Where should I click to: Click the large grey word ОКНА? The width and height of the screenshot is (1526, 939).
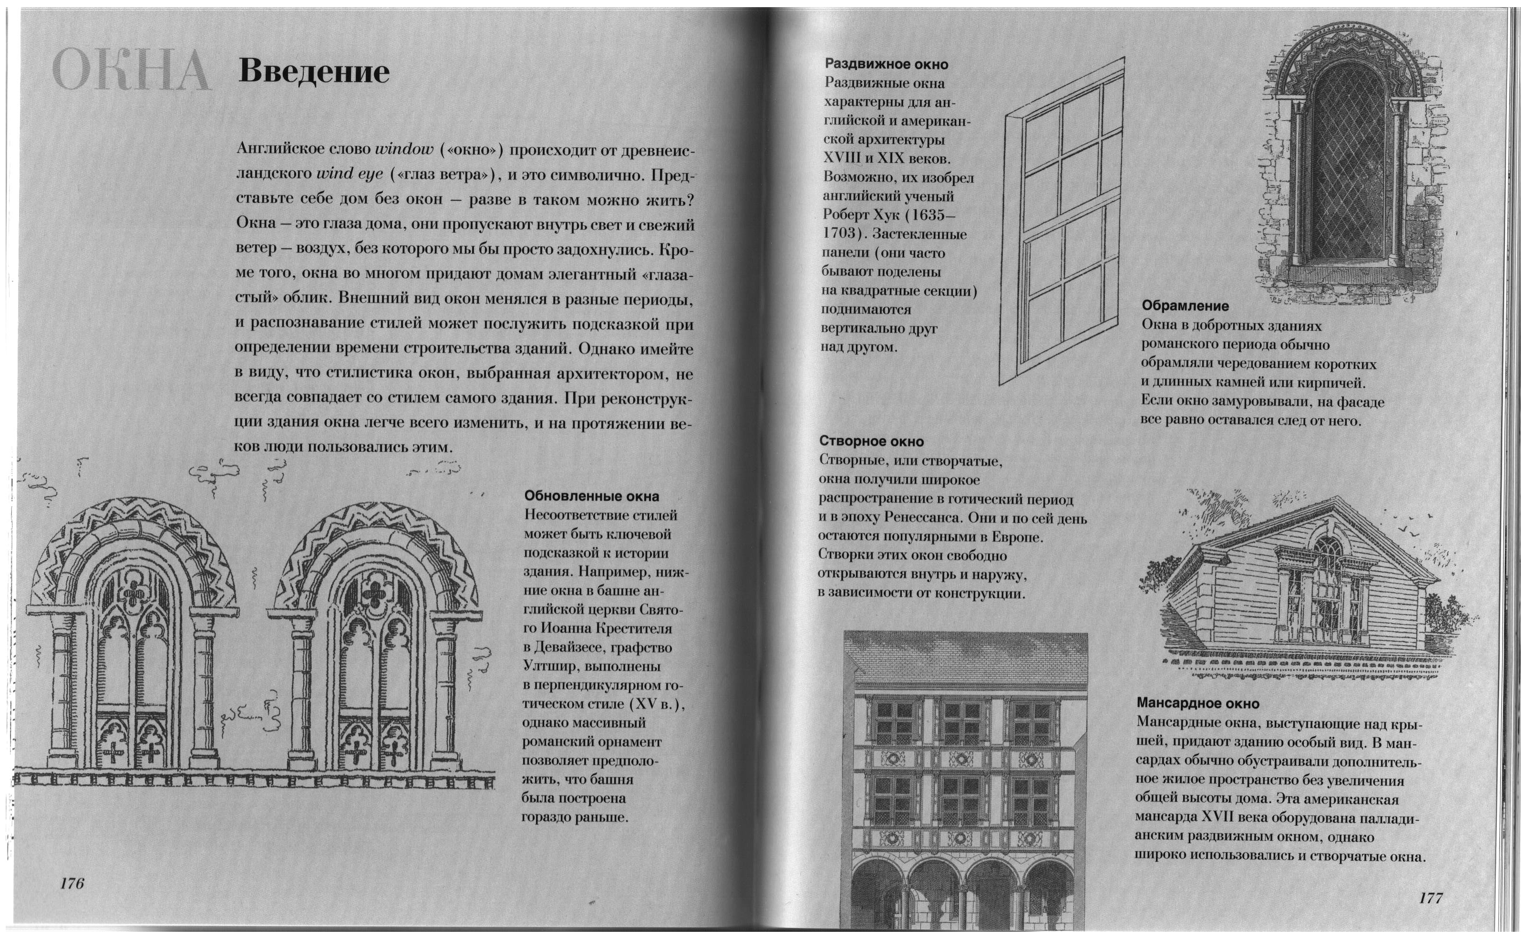(130, 72)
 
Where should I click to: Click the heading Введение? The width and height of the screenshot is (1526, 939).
(313, 72)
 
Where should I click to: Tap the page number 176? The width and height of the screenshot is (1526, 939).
(72, 883)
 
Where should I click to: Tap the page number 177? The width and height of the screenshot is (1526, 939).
(1431, 898)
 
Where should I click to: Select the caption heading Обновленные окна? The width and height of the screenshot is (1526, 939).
(591, 496)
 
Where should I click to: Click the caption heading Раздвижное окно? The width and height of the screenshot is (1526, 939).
(886, 64)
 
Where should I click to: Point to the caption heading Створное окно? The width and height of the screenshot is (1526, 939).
(871, 441)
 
